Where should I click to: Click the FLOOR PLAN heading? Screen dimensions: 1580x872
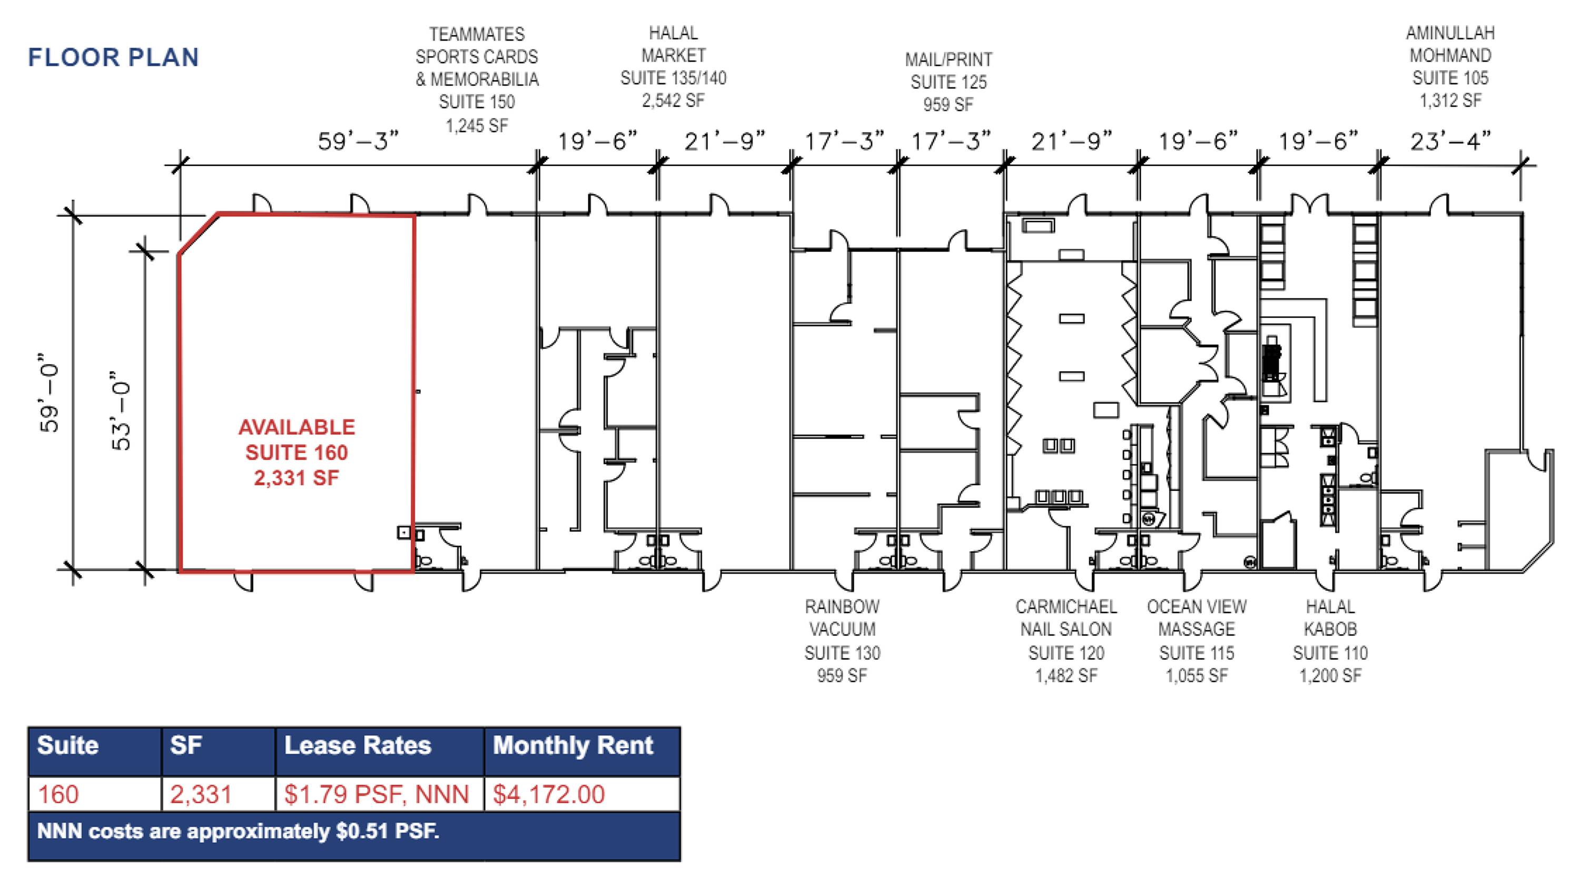[113, 57]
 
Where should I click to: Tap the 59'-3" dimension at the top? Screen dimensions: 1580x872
[358, 142]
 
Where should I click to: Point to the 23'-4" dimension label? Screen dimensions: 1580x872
[1450, 142]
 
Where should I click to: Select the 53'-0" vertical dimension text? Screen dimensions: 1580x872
[122, 410]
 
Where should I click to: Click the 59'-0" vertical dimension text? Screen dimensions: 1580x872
[50, 392]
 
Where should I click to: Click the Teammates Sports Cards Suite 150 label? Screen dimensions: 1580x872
[477, 80]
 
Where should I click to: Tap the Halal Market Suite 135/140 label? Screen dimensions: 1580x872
[674, 66]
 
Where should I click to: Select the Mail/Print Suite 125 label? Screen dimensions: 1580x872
[948, 82]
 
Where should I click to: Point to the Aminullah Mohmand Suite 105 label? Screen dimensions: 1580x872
[1450, 66]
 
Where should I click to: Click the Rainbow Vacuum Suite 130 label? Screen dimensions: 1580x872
[842, 641]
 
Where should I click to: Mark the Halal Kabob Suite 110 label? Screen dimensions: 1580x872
[1330, 641]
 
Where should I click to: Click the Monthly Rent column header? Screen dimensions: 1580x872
[573, 745]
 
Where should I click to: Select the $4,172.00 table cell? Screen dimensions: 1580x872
[549, 794]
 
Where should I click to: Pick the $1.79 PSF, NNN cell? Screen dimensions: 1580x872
[377, 794]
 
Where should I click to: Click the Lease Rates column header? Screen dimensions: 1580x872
[358, 745]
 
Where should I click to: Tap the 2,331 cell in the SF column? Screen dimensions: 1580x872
[201, 794]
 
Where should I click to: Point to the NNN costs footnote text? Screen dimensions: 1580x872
[238, 831]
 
